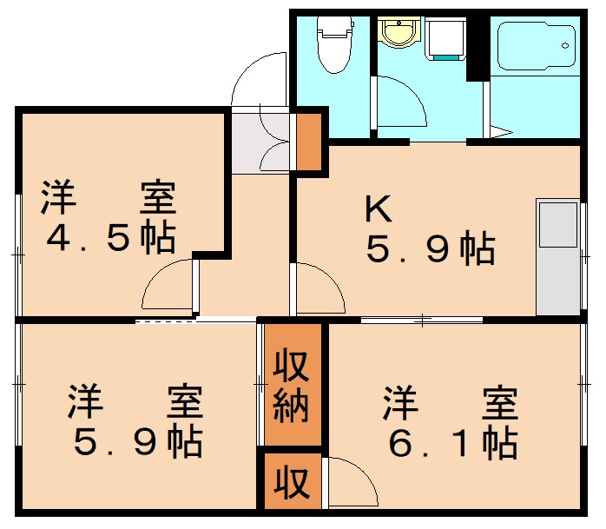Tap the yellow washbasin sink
tap(399, 34)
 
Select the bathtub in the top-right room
tap(537, 45)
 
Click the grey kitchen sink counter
tap(557, 257)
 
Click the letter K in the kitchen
tap(379, 208)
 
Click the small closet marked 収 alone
tap(293, 481)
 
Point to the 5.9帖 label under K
tap(431, 250)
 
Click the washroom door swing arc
tap(402, 104)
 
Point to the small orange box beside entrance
tap(308, 141)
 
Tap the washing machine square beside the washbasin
tap(446, 38)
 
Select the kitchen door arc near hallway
tap(319, 289)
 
